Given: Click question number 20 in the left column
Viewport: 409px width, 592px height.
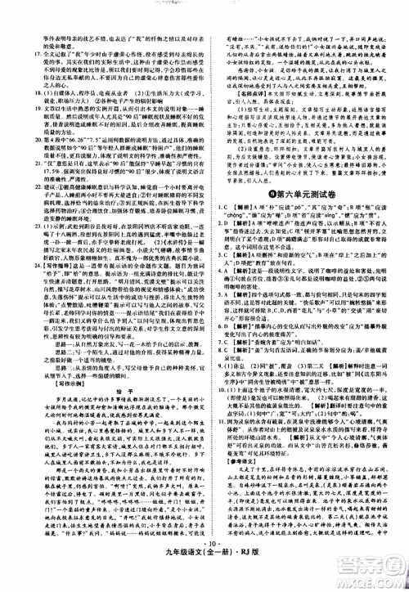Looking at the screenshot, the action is [x=16, y=140].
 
